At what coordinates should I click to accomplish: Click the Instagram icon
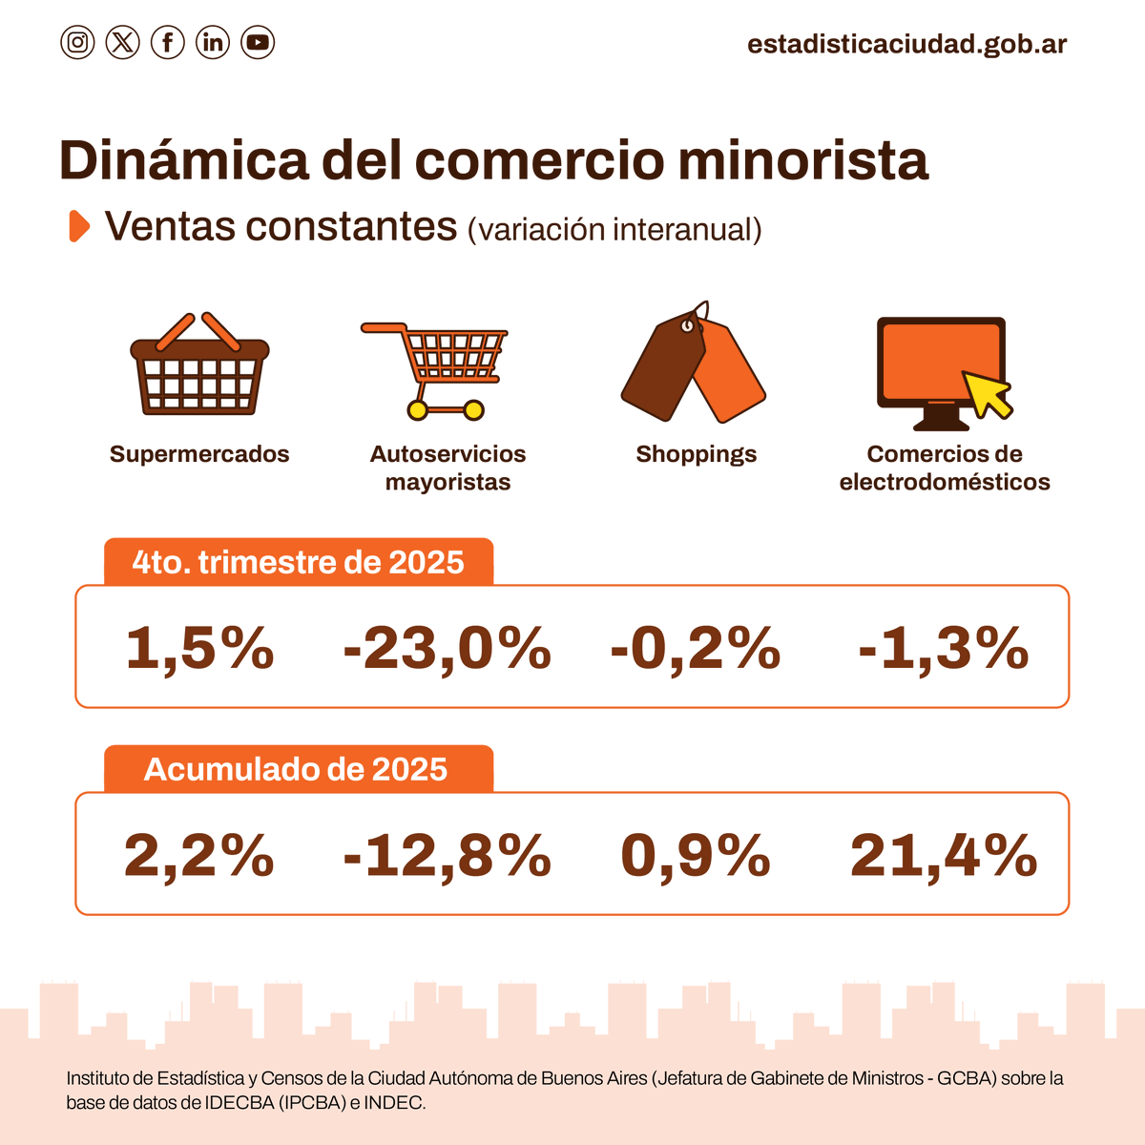coord(77,42)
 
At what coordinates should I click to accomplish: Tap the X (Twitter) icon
coord(122,42)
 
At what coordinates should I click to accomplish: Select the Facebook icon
coord(168,42)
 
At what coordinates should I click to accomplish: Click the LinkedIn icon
coord(213,42)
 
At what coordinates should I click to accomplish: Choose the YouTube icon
coord(258,42)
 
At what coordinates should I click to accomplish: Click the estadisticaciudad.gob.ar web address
coord(906,44)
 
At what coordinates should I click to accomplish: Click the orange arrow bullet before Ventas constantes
coord(79,226)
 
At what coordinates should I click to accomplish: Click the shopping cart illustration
coord(439,367)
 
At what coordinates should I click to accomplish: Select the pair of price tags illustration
coord(694,363)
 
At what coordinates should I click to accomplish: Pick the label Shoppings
coord(696,454)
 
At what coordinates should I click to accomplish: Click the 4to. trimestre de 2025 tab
coord(298,562)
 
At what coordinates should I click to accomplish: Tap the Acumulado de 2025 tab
coord(296,769)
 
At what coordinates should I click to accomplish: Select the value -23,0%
coord(447,649)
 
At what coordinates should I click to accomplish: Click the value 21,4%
coord(943,855)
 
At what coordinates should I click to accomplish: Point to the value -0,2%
coord(695,649)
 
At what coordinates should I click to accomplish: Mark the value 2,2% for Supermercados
coord(198,855)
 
